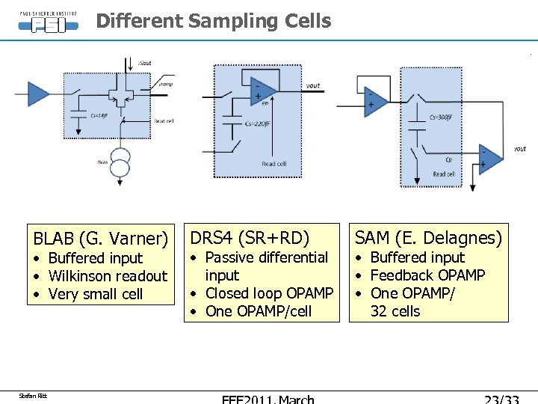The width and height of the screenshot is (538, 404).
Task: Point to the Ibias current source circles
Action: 120,162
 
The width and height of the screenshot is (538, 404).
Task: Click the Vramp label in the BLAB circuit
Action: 165,85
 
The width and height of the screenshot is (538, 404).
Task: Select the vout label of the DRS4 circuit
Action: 313,85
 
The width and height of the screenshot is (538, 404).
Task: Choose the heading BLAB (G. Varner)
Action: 100,239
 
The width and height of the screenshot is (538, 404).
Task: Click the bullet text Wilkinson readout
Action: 108,276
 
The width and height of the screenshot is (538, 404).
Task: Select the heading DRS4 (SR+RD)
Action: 250,238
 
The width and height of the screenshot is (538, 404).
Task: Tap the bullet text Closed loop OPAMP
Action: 268,293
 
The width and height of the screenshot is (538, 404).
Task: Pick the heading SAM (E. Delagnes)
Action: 428,238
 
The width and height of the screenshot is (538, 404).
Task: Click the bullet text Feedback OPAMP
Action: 427,275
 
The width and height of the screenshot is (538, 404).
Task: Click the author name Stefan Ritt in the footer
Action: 33,395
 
